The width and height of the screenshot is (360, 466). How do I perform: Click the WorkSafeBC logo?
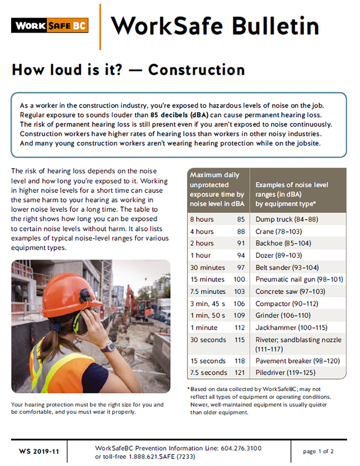(x=49, y=25)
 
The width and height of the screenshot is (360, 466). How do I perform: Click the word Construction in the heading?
(x=196, y=70)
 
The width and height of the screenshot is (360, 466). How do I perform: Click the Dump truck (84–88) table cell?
(x=287, y=219)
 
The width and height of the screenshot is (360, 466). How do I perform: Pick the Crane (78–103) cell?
(x=277, y=231)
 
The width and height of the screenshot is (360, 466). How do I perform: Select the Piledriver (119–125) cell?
(x=285, y=373)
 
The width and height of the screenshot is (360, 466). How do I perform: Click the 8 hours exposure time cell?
(x=202, y=219)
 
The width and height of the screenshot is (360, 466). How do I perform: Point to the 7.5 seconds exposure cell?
(x=209, y=373)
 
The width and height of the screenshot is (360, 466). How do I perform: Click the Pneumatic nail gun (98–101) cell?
(x=299, y=279)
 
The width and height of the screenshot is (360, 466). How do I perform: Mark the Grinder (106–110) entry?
(x=283, y=316)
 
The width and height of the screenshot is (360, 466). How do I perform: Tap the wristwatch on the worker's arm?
(x=107, y=347)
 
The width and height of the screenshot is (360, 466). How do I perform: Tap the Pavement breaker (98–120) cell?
(x=297, y=361)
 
